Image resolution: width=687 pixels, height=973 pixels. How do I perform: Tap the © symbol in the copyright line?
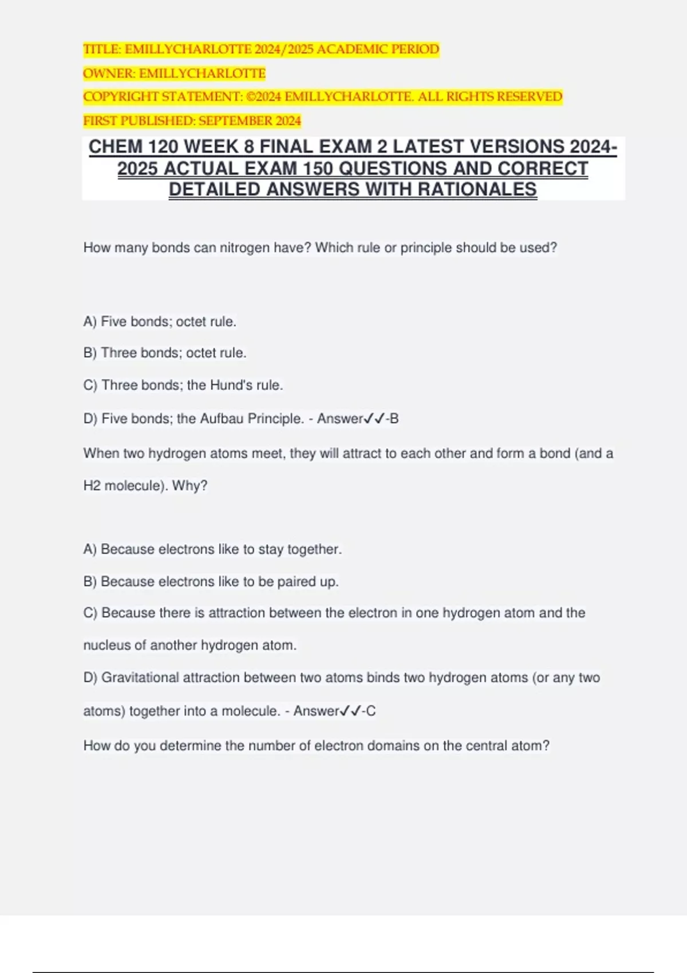pyautogui.click(x=250, y=97)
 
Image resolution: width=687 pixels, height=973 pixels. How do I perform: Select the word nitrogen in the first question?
pyautogui.click(x=244, y=248)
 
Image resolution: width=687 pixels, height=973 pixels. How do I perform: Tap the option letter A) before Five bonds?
pyautogui.click(x=90, y=322)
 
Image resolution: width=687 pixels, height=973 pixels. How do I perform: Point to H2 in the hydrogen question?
pyautogui.click(x=92, y=486)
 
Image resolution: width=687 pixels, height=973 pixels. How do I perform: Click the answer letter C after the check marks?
pyautogui.click(x=371, y=711)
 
